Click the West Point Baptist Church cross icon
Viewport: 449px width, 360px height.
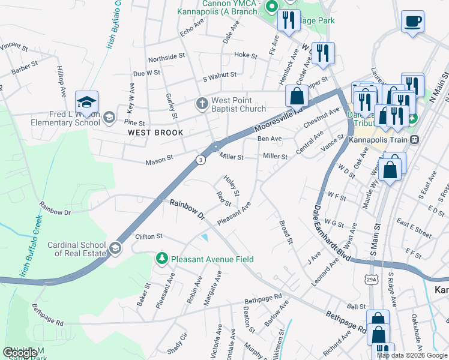(x=202, y=104)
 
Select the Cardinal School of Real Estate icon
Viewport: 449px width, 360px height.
(x=115, y=247)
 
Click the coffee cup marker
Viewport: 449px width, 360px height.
(x=412, y=22)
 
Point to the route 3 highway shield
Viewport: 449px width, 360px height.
(x=200, y=159)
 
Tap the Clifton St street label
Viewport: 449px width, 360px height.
(x=149, y=236)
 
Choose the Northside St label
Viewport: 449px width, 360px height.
(x=166, y=57)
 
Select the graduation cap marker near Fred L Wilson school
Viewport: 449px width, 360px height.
(x=86, y=101)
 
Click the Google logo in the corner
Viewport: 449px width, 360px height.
(x=19, y=353)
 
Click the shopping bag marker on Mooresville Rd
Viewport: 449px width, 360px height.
(x=297, y=95)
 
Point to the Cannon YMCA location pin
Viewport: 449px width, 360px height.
(x=271, y=7)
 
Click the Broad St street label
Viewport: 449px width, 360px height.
(x=285, y=232)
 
